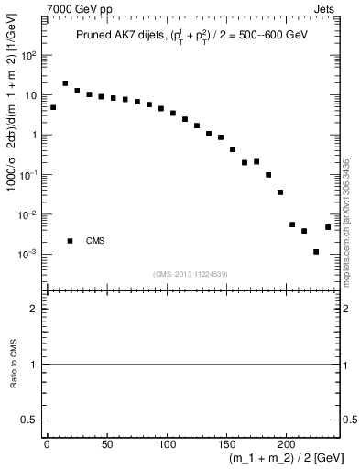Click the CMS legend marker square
tap(70, 241)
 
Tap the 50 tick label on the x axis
tap(107, 444)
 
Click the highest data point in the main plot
tap(65, 83)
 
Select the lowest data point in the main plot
tap(316, 252)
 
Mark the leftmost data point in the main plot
tap(53, 107)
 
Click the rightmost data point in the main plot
tap(328, 227)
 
